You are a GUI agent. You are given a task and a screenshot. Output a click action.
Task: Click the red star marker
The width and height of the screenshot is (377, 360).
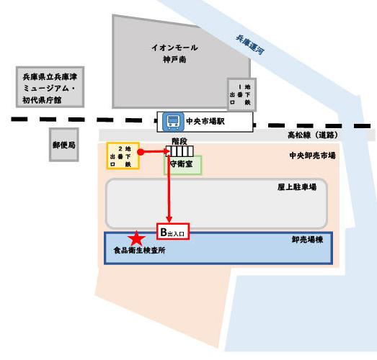click(x=136, y=239)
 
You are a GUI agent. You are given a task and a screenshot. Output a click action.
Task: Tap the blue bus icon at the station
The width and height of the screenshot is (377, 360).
click(x=173, y=122)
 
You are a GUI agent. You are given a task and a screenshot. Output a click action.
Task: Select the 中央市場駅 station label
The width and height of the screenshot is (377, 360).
click(x=205, y=122)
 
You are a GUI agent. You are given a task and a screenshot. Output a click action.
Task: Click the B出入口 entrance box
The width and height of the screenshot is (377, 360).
click(x=173, y=232)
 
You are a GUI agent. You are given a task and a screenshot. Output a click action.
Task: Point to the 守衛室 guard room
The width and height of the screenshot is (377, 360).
click(x=182, y=165)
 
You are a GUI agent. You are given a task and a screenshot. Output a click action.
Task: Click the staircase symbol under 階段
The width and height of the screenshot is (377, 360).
click(x=179, y=151)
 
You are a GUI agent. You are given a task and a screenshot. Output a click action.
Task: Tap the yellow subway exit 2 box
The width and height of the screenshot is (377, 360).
click(x=123, y=156)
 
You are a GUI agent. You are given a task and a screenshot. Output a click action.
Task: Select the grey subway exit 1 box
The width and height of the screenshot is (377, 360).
click(x=241, y=94)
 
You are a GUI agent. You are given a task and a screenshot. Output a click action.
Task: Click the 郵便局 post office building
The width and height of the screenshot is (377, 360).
click(x=64, y=145)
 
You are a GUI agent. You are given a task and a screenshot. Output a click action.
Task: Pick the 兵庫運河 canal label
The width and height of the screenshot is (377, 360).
click(x=250, y=45)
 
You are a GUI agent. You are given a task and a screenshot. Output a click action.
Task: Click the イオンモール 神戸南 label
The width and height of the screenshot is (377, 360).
click(x=174, y=53)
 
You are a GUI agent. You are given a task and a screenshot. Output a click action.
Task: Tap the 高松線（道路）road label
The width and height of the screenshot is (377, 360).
click(x=313, y=135)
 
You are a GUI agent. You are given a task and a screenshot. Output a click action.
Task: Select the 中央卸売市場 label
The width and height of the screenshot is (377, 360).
click(x=312, y=156)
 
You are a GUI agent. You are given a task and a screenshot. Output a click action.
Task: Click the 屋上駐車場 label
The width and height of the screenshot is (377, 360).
click(x=297, y=187)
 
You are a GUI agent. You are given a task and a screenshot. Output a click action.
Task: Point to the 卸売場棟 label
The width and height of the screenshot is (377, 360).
click(x=307, y=240)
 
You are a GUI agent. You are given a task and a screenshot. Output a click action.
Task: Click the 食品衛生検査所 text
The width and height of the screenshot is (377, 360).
click(x=139, y=251)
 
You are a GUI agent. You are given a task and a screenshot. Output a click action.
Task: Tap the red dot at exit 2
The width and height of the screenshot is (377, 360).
click(x=141, y=152)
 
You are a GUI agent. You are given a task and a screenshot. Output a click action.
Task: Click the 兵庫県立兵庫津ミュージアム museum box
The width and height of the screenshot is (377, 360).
click(x=50, y=87)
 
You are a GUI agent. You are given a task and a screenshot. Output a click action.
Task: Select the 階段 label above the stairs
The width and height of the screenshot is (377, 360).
click(x=179, y=141)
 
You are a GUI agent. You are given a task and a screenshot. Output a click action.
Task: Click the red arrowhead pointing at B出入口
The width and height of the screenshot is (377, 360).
click(x=169, y=220)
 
